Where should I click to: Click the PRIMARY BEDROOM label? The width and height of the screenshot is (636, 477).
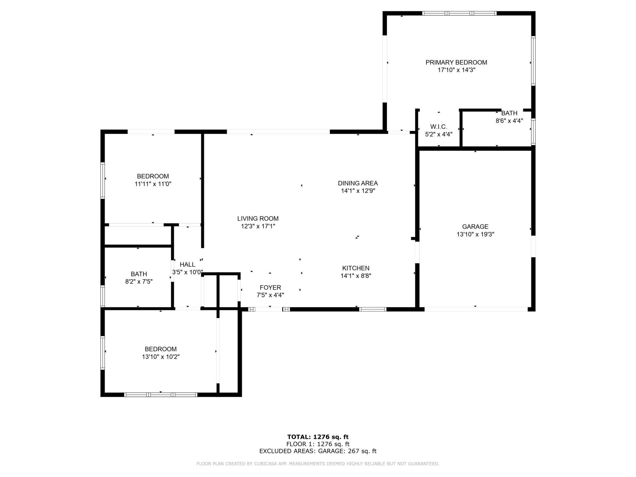pos(456,62)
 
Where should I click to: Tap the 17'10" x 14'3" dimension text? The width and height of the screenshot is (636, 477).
pos(456,70)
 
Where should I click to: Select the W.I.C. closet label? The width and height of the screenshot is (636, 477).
pos(439,127)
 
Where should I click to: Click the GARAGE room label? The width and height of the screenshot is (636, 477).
pos(475,227)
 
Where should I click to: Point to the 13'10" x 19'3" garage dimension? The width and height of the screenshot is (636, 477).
pos(475,234)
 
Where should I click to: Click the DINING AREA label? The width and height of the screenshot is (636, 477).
pos(358,183)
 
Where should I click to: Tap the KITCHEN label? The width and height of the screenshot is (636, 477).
pos(356,268)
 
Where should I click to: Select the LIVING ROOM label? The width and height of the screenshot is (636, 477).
pos(258,219)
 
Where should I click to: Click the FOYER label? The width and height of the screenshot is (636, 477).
pos(270,288)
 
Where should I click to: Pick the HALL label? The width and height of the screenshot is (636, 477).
pos(187,264)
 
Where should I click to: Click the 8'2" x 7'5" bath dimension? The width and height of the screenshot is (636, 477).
pos(138,282)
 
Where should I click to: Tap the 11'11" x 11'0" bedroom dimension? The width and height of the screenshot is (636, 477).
pos(153,184)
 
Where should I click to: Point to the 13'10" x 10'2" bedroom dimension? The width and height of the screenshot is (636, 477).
pos(161,357)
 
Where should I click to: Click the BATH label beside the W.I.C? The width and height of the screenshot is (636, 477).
pos(509,113)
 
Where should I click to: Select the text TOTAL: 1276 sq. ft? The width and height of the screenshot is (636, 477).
pos(318,437)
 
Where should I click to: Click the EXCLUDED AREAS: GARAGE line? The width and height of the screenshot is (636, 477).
pos(318,451)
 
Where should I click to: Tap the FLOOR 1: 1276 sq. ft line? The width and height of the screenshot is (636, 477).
pos(318,444)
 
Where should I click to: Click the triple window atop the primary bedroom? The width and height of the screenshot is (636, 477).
pos(459,13)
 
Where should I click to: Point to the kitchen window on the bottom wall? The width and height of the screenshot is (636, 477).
pos(373,309)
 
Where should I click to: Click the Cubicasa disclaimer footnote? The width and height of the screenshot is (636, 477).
pos(318,464)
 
